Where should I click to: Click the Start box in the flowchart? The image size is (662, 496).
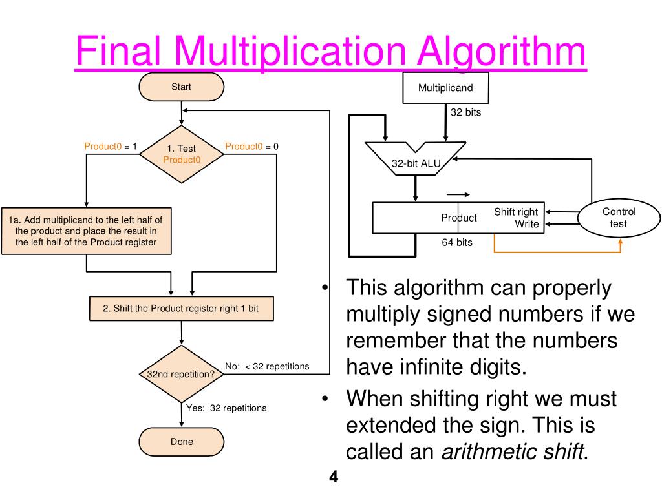[x=181, y=87]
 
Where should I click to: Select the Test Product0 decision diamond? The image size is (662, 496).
[x=181, y=154]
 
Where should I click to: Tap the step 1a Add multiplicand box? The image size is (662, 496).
[x=85, y=231]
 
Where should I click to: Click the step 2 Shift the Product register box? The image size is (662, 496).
[x=181, y=309]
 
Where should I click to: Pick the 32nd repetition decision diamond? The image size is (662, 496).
[x=181, y=374]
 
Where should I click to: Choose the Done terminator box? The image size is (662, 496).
[x=181, y=442]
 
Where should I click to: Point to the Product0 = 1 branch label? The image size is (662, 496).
[x=111, y=147]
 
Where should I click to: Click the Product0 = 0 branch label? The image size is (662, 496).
[x=251, y=147]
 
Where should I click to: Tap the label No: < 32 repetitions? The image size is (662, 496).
[x=267, y=366]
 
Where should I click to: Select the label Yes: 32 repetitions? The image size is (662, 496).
[x=226, y=408]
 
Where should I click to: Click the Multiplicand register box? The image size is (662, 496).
[x=445, y=88]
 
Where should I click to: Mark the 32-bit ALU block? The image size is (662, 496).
[x=416, y=162]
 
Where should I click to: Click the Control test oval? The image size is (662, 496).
[x=619, y=218]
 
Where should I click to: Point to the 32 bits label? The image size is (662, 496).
[x=465, y=112]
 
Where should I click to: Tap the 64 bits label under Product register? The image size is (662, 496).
[x=456, y=243]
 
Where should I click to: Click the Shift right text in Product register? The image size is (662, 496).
[x=515, y=212]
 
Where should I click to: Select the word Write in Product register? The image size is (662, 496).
[x=526, y=224]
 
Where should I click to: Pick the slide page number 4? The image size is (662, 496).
[x=334, y=478]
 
